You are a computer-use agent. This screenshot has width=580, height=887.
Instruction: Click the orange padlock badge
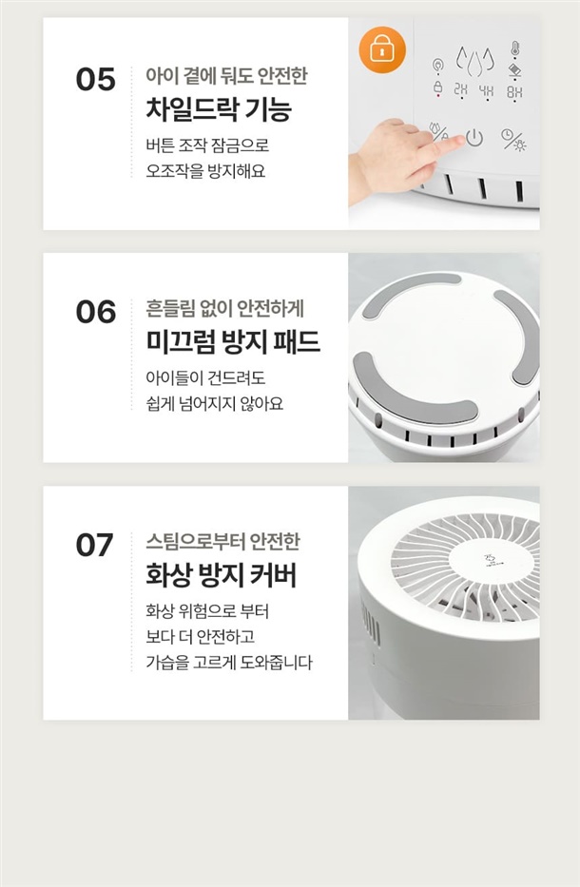pos(382,49)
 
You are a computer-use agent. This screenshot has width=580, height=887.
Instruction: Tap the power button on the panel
pos(474,138)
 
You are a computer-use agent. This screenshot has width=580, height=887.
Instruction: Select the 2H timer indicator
pos(461,90)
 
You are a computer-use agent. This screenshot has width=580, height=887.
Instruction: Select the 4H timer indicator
pos(486,90)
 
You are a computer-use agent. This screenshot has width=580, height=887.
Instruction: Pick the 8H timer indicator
pos(513,91)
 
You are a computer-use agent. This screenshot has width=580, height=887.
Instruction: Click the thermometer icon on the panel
pos(514,48)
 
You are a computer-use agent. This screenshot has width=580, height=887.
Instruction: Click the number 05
pos(96,79)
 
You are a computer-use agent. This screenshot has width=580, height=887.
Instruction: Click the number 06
pos(96,312)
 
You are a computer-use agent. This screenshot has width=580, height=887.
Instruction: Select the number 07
pos(94,546)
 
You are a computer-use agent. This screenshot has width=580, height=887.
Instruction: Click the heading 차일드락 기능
pos(219,108)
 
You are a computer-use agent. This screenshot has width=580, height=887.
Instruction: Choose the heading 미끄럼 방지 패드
pos(233,341)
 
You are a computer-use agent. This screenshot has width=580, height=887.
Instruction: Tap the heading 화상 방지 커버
pos(222,574)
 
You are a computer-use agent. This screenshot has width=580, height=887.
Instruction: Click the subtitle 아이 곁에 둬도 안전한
pos(226,75)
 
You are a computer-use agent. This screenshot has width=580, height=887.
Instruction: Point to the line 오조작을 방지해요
pos(205,171)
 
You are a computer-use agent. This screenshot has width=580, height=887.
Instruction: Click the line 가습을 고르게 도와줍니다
pos(229,663)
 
